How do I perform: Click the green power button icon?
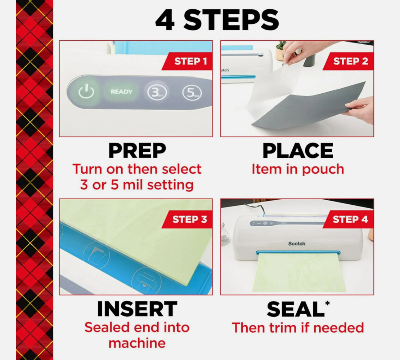click(x=86, y=92)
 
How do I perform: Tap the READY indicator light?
click(x=121, y=92)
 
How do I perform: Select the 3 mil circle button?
click(x=157, y=92)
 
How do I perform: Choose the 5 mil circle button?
click(x=192, y=92)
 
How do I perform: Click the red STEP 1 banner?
click(x=187, y=61)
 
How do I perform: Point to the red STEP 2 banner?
click(x=349, y=61)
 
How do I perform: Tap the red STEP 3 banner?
click(x=187, y=219)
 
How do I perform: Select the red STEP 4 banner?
click(x=349, y=219)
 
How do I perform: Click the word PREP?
click(x=137, y=151)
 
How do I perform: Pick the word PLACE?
click(x=298, y=151)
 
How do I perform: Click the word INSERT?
click(x=137, y=309)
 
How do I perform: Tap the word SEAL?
click(x=295, y=309)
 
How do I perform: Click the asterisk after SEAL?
click(x=328, y=303)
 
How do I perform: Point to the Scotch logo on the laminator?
click(x=297, y=244)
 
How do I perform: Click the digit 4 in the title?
click(x=165, y=20)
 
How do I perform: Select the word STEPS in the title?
click(x=231, y=20)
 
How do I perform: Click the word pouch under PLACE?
click(x=323, y=169)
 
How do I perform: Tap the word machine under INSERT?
click(x=137, y=343)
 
